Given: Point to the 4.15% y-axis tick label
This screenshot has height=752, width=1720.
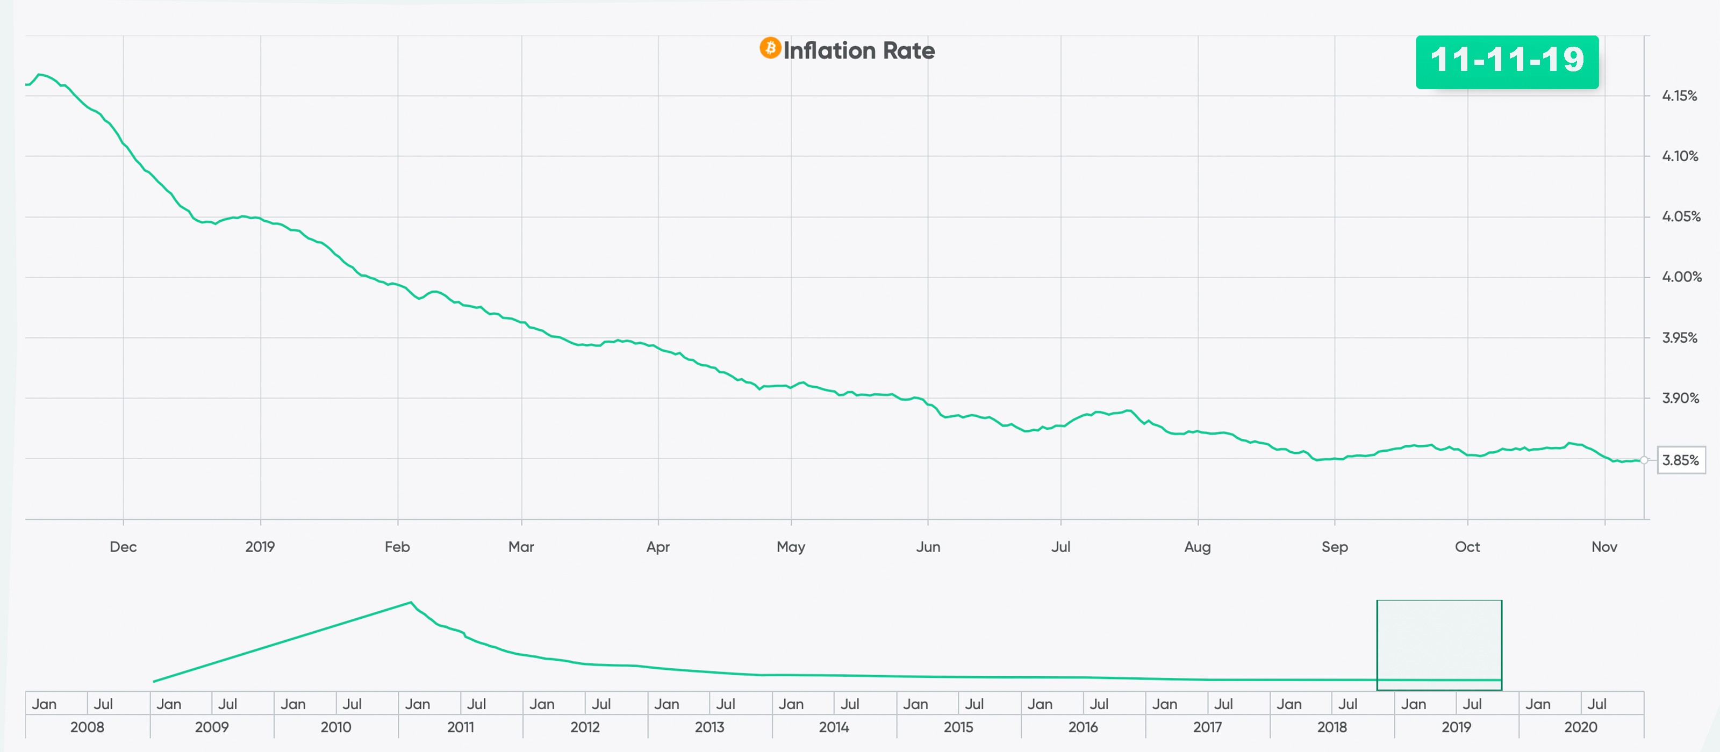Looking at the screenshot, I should coord(1679,96).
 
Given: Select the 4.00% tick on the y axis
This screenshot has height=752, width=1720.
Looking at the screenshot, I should coord(1681,277).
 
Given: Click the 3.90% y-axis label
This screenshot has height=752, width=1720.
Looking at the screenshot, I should coord(1680,399).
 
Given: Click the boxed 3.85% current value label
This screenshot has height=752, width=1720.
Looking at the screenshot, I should coord(1681,460).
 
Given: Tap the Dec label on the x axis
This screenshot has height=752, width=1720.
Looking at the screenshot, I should coord(123,547).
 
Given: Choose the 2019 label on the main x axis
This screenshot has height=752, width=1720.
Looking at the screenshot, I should coord(260,547).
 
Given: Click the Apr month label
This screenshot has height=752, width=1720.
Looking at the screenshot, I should coord(658,547).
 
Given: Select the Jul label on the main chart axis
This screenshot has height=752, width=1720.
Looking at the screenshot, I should coord(1060,547).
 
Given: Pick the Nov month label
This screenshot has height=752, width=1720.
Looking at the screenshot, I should coord(1604,547).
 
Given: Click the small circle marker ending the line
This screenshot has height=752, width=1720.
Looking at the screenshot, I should coord(1643,460).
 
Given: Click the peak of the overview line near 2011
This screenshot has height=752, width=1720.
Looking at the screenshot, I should coord(411,603).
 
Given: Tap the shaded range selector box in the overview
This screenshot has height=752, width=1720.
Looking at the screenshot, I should coord(1439,644).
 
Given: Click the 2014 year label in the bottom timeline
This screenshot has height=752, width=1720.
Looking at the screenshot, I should coord(833,727).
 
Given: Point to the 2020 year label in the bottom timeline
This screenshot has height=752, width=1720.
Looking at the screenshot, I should coord(1580,727).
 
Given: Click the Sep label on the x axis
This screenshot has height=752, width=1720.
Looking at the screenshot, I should coord(1334,547).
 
